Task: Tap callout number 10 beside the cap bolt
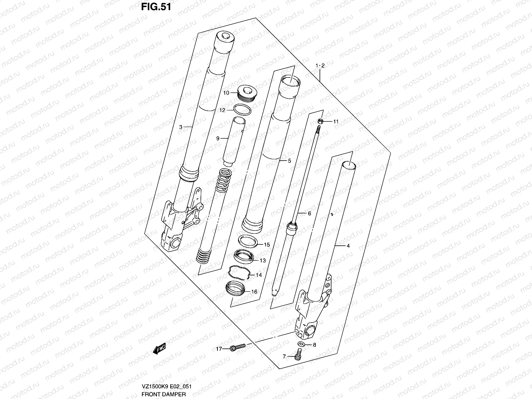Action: pyautogui.click(x=226, y=93)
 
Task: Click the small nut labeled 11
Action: pyautogui.click(x=320, y=121)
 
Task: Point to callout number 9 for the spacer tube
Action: pyautogui.click(x=218, y=138)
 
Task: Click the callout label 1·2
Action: pyautogui.click(x=320, y=66)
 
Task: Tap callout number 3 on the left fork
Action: pyautogui.click(x=181, y=127)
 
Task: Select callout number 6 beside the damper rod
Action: pyautogui.click(x=309, y=213)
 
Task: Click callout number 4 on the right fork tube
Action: pyautogui.click(x=348, y=246)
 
